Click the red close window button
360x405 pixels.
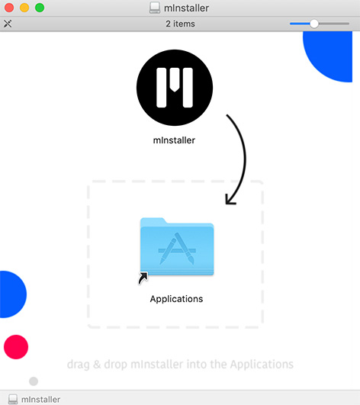pyautogui.click(x=9, y=8)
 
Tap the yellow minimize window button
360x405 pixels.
pyautogui.click(x=24, y=8)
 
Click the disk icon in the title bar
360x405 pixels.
pyautogui.click(x=155, y=8)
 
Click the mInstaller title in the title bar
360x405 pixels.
pyautogui.click(x=186, y=8)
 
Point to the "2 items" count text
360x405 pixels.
pyautogui.click(x=180, y=24)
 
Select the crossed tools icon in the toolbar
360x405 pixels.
pyautogui.click(x=8, y=24)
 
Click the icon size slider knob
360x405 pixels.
pyautogui.click(x=314, y=24)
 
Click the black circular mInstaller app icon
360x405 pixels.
pyautogui.click(x=175, y=88)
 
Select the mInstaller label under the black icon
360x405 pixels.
pyautogui.click(x=174, y=140)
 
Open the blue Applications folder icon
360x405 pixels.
pyautogui.click(x=177, y=246)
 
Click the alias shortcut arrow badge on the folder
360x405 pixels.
pyautogui.click(x=143, y=278)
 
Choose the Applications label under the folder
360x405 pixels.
pyautogui.click(x=176, y=299)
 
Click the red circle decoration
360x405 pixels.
pyautogui.click(x=16, y=347)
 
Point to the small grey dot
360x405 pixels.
pyautogui.click(x=34, y=381)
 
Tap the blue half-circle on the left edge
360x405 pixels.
pyautogui.click(x=11, y=294)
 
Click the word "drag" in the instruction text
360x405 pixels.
pyautogui.click(x=79, y=365)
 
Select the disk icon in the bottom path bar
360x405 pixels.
pyautogui.click(x=13, y=399)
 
